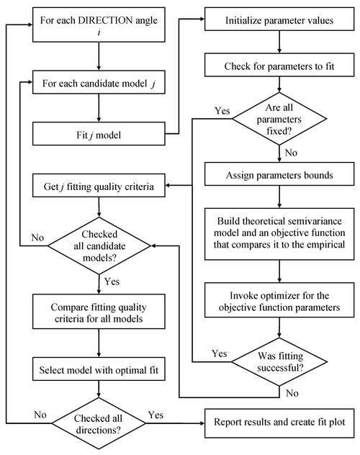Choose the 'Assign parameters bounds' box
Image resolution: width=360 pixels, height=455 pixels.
(x=276, y=173)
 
